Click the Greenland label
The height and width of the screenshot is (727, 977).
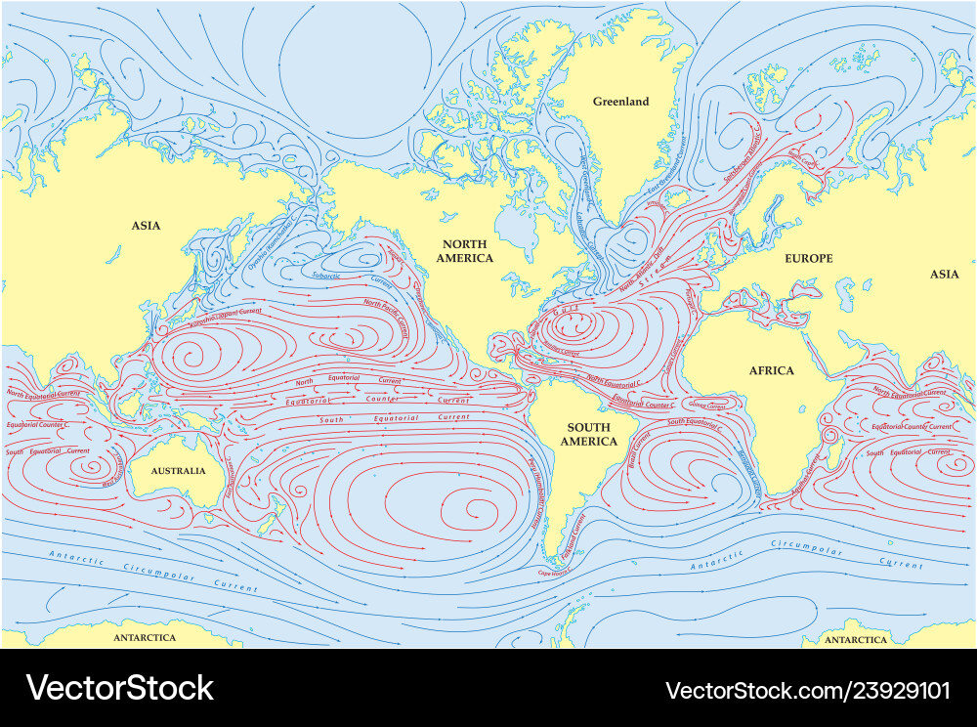pos(620,102)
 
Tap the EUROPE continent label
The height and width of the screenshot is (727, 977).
pos(809,258)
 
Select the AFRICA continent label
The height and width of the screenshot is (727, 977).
pos(772,370)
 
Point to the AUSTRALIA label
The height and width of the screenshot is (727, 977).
pos(178,471)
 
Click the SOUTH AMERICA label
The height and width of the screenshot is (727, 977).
pos(588,434)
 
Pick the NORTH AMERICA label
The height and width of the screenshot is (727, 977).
pos(464,251)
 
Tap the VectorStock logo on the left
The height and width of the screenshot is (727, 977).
pos(119,688)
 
